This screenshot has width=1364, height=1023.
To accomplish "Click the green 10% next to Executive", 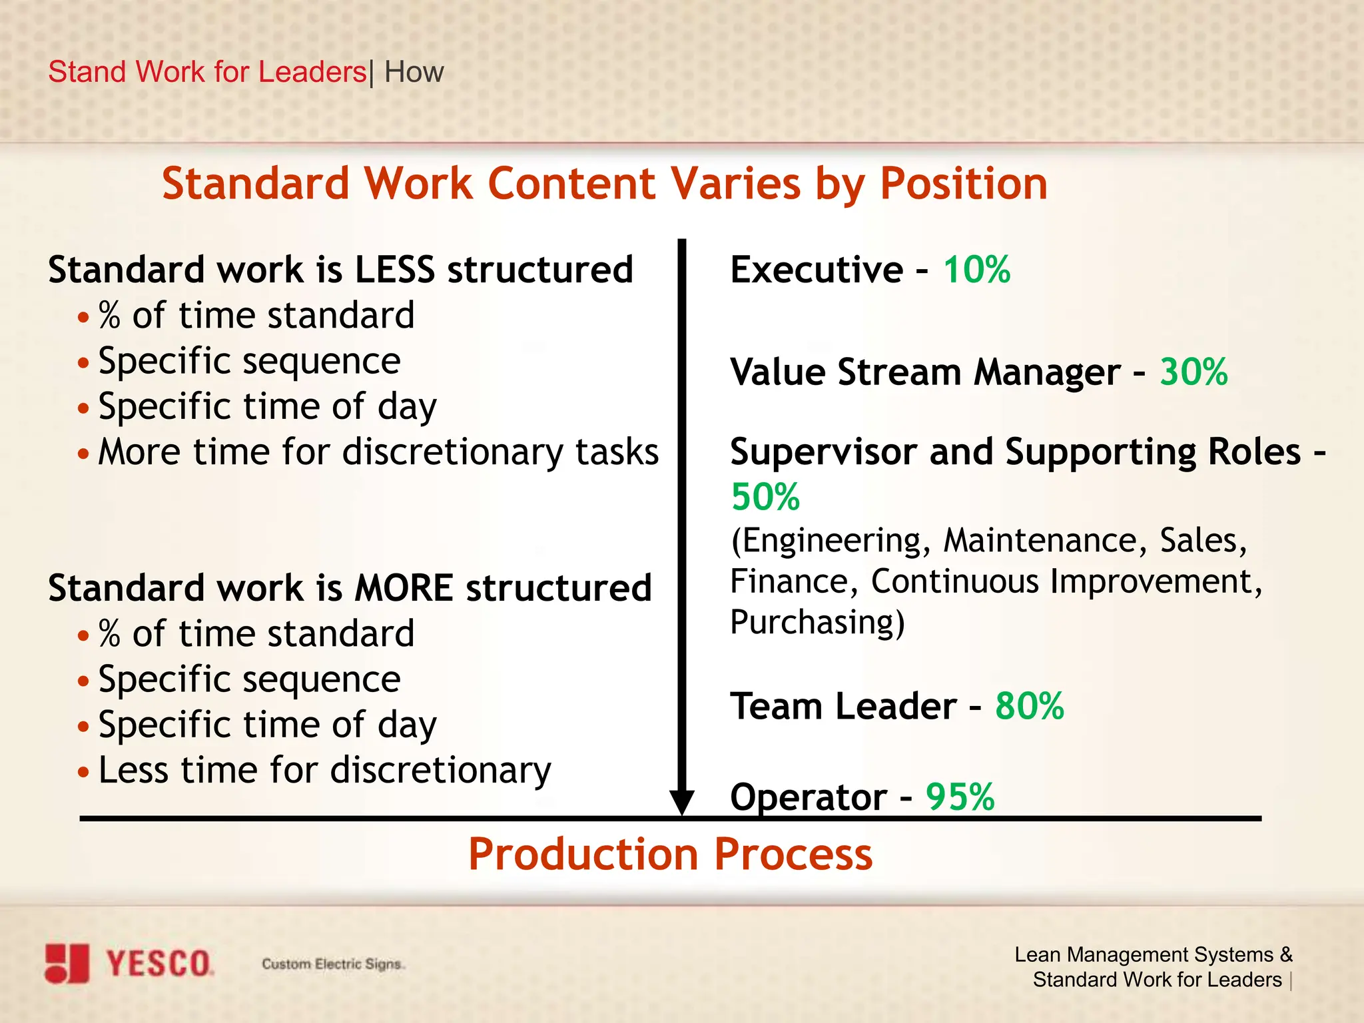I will point(976,270).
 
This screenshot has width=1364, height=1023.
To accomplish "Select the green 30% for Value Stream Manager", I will point(1193,372).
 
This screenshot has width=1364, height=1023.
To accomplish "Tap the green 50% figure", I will point(765,497).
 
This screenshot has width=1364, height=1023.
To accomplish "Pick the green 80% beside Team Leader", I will point(1029,706).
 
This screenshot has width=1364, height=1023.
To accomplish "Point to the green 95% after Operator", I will point(960,797).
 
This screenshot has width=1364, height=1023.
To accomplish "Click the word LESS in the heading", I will point(394,270).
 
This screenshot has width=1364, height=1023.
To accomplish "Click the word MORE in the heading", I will point(404,588).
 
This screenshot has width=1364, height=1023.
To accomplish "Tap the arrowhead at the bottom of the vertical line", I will point(682,802).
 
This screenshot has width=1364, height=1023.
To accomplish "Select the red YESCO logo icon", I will point(67,963).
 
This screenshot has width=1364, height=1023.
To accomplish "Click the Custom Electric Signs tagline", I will point(333,964).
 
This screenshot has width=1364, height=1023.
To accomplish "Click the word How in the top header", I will point(414,72).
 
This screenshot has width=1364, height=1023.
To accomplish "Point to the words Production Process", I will point(670,854).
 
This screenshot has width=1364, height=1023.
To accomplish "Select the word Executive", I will point(817,270).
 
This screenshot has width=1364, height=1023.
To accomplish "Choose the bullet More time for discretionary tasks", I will point(378,452).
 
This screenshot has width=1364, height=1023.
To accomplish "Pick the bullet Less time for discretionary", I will point(324,771).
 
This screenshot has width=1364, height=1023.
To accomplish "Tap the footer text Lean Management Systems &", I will point(1153,954).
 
